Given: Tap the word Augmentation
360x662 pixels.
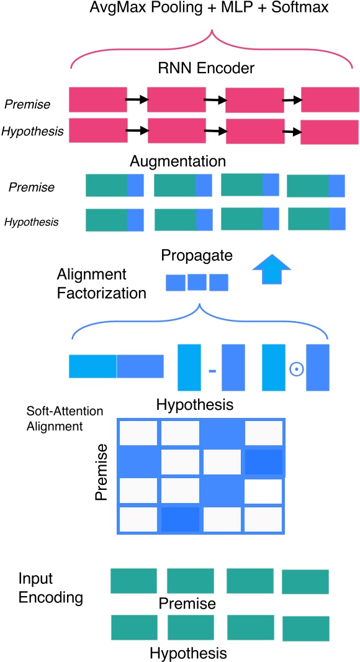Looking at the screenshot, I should (x=178, y=161).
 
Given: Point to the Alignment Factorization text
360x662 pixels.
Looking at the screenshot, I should (x=101, y=283).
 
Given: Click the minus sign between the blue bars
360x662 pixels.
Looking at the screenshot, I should (x=212, y=371).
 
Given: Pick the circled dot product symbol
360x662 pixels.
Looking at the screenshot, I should (x=295, y=370).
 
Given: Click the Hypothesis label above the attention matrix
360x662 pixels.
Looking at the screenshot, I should (x=194, y=405).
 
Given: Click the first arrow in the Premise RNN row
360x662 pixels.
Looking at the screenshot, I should (x=136, y=99).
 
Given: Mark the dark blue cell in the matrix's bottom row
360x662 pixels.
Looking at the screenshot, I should (x=179, y=519).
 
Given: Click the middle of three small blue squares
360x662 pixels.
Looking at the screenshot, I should (x=197, y=283).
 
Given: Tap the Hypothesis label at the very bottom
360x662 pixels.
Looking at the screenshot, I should (x=187, y=653).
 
